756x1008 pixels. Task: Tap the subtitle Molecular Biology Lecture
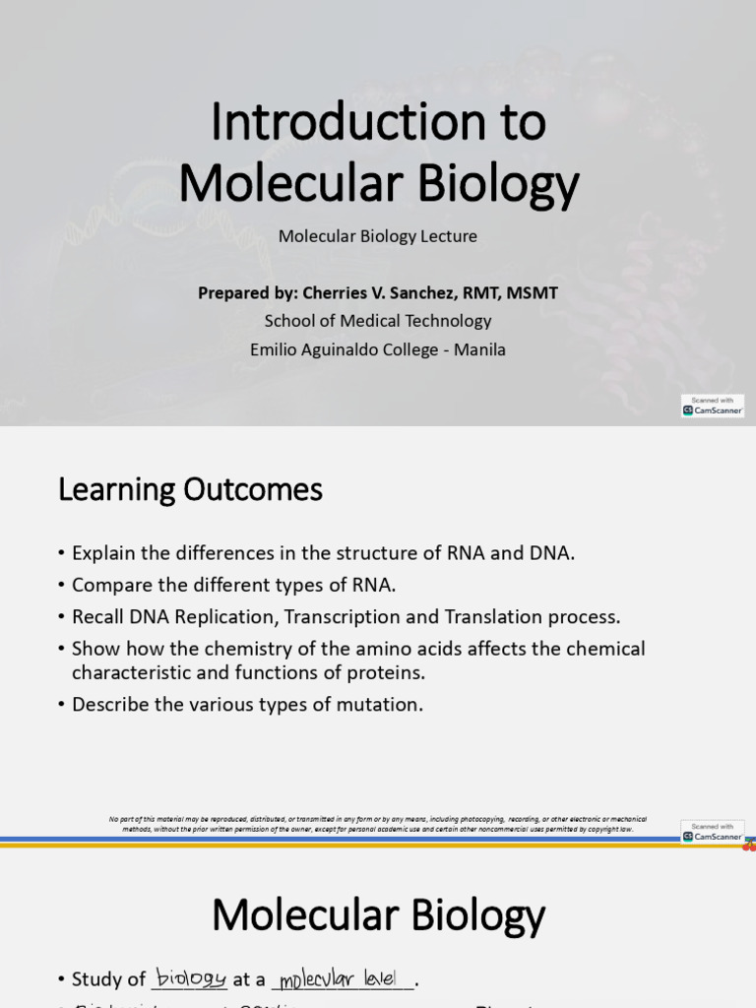click(x=378, y=236)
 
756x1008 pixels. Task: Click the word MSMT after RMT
click(x=532, y=292)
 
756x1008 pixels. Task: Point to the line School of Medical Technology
click(x=378, y=321)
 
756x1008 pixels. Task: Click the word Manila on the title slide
click(x=479, y=349)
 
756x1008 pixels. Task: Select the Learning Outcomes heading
click(x=190, y=489)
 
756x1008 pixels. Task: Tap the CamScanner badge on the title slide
click(x=713, y=406)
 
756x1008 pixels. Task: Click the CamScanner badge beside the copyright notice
click(x=713, y=832)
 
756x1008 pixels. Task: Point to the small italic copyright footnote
click(x=378, y=824)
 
